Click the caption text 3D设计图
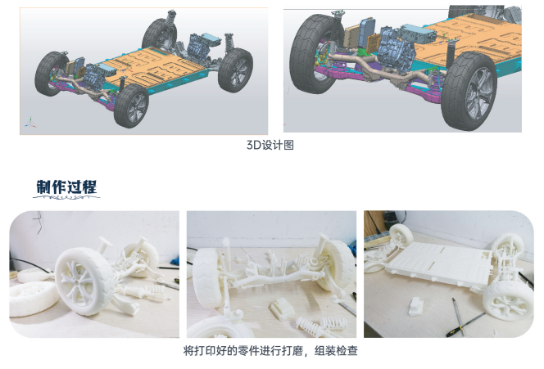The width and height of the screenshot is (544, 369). [x=270, y=145]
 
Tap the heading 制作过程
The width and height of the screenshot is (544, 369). [x=66, y=187]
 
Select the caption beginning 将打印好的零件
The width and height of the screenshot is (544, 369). [x=271, y=351]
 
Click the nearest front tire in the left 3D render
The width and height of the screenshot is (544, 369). [x=131, y=106]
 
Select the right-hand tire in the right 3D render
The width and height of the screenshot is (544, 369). [x=468, y=95]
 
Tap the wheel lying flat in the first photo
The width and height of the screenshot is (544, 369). [x=31, y=295]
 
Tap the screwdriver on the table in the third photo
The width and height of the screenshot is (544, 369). [x=459, y=315]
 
